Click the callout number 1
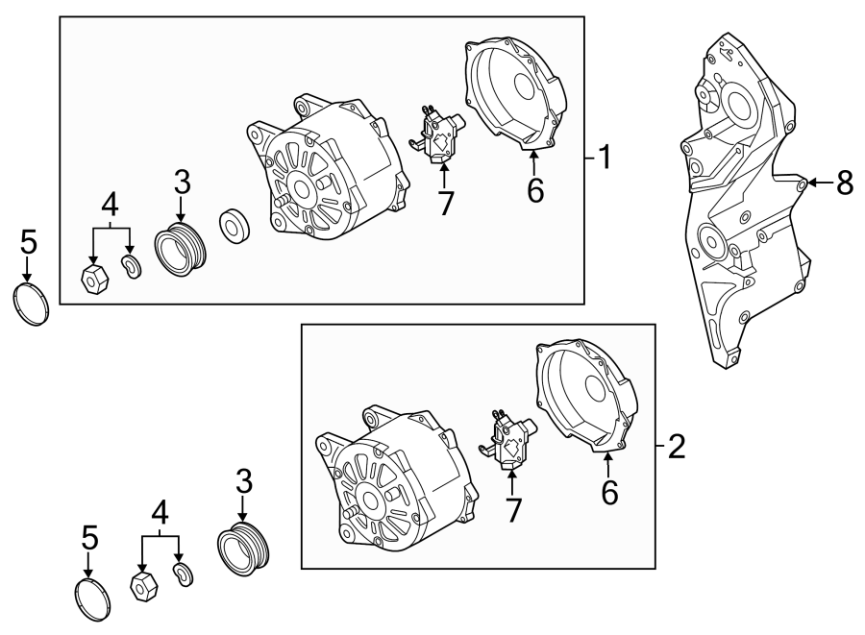coord(604,157)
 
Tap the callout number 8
coord(844,183)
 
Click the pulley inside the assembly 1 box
coord(180,251)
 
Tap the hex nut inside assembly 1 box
coord(94,281)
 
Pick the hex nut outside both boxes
coord(144,585)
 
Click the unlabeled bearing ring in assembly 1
coord(234,226)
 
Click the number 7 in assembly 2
coord(513,510)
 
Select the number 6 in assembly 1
coord(535,189)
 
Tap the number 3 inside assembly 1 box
coord(183,181)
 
